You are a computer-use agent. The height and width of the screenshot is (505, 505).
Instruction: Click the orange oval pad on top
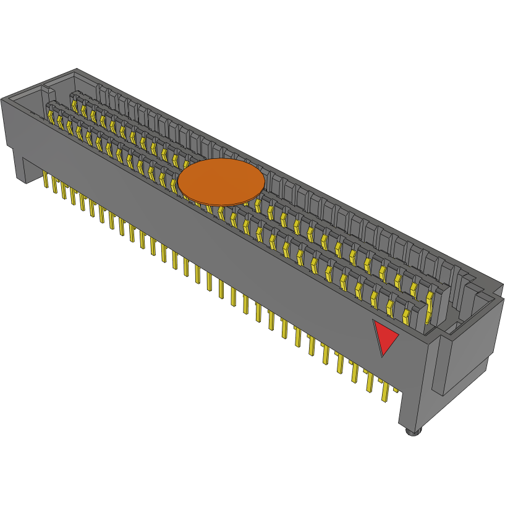pos(221,181)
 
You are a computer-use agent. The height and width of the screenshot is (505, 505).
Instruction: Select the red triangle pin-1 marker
pos(386,336)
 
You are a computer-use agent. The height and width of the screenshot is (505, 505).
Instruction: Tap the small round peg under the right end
pos(412,431)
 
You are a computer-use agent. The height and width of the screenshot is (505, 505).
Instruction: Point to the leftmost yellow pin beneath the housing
pos(46,180)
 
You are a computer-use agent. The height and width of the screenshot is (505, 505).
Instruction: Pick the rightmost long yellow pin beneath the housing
pos(385,391)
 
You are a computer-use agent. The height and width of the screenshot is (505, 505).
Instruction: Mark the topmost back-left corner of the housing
pos(76,69)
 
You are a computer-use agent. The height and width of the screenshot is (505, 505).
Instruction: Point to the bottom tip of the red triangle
pos(382,356)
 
